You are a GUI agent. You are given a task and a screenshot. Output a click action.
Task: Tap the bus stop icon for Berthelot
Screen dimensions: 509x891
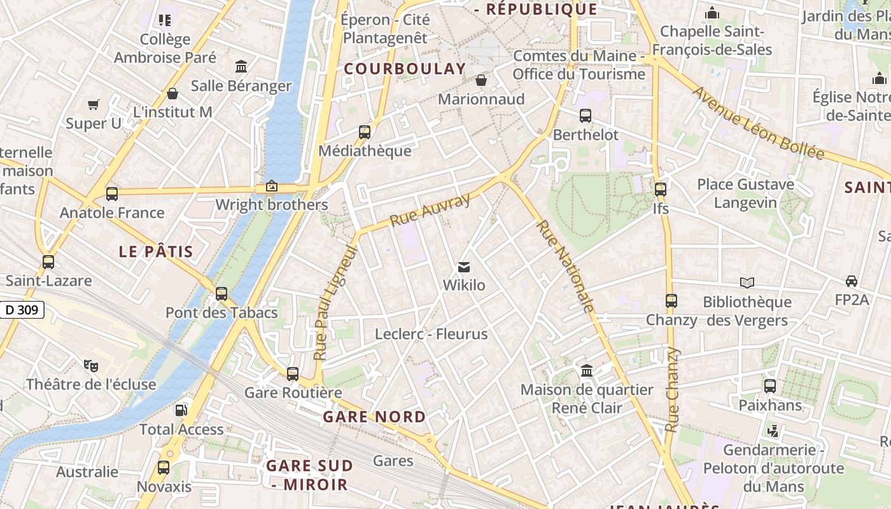585,116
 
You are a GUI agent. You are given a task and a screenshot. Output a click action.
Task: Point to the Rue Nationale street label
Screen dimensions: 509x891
565,267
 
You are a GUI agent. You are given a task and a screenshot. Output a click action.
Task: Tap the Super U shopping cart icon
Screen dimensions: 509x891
94,104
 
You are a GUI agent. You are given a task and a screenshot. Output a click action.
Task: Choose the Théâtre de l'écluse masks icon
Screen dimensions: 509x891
91,365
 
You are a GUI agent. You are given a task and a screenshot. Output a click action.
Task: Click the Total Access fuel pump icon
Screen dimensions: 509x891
181,410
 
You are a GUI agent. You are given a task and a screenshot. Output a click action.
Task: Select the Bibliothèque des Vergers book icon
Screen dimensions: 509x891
747,282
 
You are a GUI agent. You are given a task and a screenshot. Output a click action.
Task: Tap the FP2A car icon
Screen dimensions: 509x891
851,281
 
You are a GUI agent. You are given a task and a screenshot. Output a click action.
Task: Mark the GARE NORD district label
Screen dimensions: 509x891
374,417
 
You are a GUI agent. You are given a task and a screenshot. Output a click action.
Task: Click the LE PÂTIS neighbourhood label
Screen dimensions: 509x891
156,251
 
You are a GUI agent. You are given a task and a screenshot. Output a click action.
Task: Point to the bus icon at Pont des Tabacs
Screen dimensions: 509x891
221,293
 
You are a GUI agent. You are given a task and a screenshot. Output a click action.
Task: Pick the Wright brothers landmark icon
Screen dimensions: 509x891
272,186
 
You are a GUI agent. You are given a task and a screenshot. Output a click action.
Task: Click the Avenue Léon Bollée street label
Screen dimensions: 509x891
757,123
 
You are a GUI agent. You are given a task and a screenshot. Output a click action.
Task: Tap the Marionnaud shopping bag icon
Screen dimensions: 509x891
481,80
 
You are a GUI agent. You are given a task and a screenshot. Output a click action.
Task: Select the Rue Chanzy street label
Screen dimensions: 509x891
672,389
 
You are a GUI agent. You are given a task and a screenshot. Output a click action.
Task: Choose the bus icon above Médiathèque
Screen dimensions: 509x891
364,132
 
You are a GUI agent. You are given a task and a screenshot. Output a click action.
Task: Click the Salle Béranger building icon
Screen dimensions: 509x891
241,66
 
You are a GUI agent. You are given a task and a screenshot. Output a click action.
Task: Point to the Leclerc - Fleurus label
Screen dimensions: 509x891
431,334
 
